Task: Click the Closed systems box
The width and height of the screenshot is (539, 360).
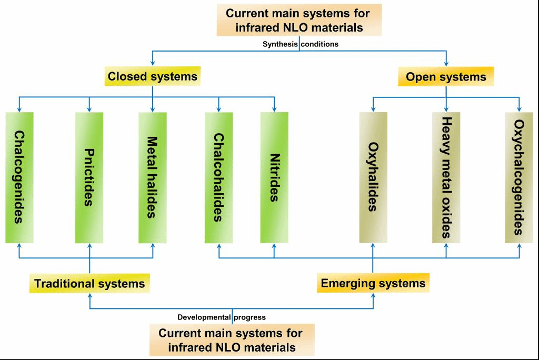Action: pyautogui.click(x=153, y=77)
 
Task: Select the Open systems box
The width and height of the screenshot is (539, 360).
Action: pyautogui.click(x=446, y=77)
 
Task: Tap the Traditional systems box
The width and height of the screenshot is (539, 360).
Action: pyautogui.click(x=89, y=284)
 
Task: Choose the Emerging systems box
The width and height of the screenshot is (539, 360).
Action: pyautogui.click(x=373, y=283)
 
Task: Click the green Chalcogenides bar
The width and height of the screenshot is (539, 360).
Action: pyautogui.click(x=19, y=177)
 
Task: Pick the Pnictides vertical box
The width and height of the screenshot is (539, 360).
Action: pyautogui.click(x=89, y=177)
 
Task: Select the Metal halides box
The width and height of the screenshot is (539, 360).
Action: pyautogui.click(x=153, y=177)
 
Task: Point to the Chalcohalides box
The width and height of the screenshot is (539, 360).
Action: pyautogui.click(x=218, y=177)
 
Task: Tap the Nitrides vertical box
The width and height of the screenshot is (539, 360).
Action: pyautogui.click(x=274, y=177)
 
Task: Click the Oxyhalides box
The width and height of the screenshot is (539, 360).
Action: pyautogui.click(x=373, y=177)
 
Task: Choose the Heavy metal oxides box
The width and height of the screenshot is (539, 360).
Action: pyautogui.click(x=446, y=177)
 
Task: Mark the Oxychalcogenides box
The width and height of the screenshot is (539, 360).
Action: pyautogui.click(x=518, y=177)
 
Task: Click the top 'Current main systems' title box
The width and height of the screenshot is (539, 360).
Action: pyautogui.click(x=300, y=20)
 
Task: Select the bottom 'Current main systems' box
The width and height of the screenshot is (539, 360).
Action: pyautogui.click(x=232, y=340)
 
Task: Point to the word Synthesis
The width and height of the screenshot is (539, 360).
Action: pyautogui.click(x=280, y=44)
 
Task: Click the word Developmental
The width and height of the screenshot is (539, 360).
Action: pyautogui.click(x=204, y=317)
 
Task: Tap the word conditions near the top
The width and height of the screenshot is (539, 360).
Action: pyautogui.click(x=320, y=44)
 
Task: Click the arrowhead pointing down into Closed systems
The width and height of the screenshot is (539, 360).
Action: pyautogui.click(x=153, y=63)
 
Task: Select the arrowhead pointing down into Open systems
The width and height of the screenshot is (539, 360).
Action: pyautogui.click(x=446, y=63)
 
